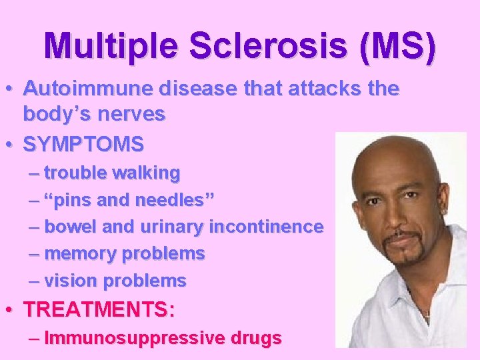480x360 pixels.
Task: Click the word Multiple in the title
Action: coord(110,45)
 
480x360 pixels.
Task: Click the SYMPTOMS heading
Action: coord(83,143)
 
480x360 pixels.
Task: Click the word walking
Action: coord(146,173)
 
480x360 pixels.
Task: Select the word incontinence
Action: coord(266,227)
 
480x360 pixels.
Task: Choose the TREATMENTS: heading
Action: coord(99,310)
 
